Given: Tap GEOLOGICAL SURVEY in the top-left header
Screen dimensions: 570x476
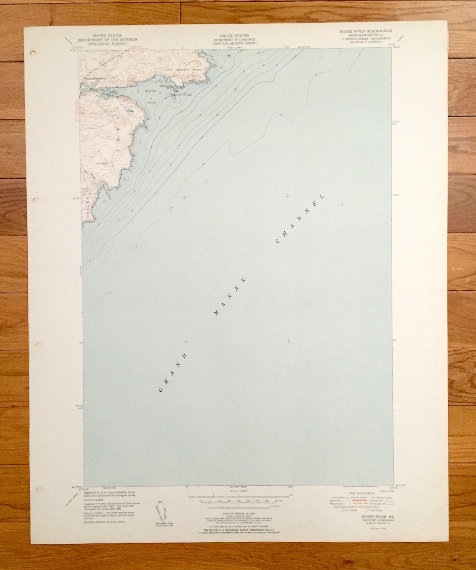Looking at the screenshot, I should pyautogui.click(x=108, y=44).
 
